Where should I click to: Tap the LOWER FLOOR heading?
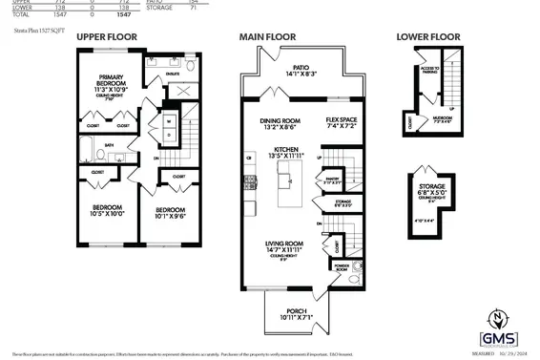426,37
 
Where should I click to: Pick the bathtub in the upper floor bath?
84,151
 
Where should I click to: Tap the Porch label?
297,314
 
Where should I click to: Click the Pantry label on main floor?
333,179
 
